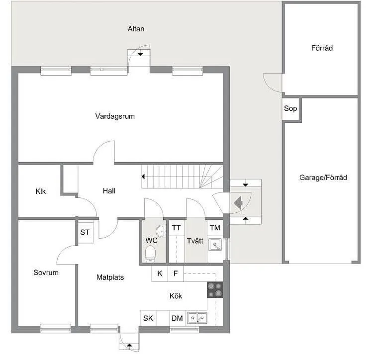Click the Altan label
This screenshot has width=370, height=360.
click(x=136, y=29)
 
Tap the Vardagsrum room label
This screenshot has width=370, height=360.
click(x=115, y=116)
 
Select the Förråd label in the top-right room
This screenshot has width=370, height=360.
click(x=322, y=48)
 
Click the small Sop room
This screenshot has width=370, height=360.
click(x=290, y=108)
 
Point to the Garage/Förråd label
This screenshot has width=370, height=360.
click(x=323, y=178)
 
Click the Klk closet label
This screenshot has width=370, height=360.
click(x=41, y=191)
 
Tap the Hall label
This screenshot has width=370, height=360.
click(x=109, y=190)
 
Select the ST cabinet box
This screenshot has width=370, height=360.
click(x=85, y=232)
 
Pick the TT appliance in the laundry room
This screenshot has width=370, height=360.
click(x=177, y=228)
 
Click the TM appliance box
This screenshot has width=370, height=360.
click(x=215, y=228)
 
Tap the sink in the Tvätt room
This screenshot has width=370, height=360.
click(x=215, y=244)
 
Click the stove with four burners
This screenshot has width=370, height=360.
click(x=215, y=289)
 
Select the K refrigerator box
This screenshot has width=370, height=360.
click(x=160, y=273)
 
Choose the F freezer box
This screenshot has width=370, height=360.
click(x=176, y=273)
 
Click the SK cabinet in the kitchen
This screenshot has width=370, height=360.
click(x=148, y=318)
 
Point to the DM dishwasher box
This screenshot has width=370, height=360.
click(x=177, y=318)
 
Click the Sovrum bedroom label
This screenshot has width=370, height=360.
click(x=46, y=272)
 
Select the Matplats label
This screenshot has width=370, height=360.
click(x=110, y=277)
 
